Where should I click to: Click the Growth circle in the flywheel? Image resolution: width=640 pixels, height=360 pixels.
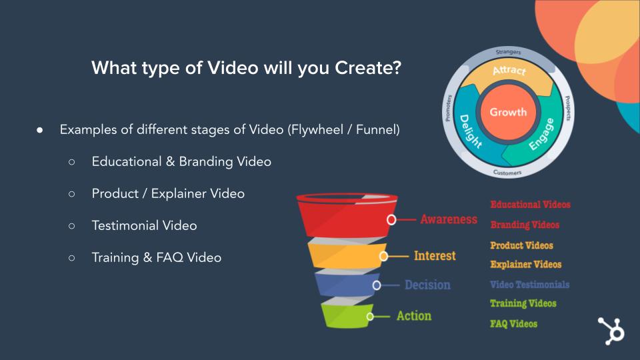click(508, 112)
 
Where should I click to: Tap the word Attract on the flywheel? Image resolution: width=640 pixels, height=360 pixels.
click(509, 71)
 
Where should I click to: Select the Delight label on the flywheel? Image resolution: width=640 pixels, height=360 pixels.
click(470, 131)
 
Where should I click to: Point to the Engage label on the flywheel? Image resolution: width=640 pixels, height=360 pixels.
click(541, 134)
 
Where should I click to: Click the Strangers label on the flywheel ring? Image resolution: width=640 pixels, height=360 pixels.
click(508, 52)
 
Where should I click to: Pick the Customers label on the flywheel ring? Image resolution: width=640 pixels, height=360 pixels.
click(507, 173)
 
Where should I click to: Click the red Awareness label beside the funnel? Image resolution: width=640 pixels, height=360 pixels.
click(449, 219)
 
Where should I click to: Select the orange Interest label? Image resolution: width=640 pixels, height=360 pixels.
click(435, 256)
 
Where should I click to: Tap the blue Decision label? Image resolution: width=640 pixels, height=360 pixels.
click(427, 285)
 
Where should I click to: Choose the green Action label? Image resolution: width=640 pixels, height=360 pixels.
click(414, 316)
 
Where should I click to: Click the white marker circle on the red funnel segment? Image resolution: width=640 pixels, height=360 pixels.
click(391, 220)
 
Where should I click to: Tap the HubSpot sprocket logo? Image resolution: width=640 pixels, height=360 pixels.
click(611, 331)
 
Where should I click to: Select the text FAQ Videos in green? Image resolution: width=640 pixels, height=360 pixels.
click(513, 324)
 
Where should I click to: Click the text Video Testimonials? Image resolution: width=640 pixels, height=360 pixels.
click(530, 285)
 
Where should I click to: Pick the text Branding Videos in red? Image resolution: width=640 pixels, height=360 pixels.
click(525, 225)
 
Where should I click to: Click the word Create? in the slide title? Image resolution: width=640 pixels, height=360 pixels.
click(368, 68)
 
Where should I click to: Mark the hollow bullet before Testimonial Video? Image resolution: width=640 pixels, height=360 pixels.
click(72, 226)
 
